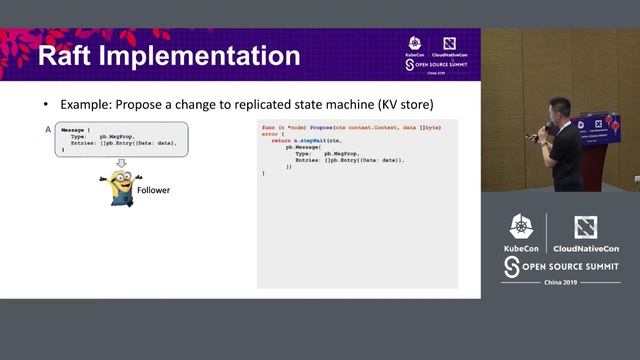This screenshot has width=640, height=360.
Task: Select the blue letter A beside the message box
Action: pyautogui.click(x=47, y=130)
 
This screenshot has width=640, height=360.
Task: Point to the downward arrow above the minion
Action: pyautogui.click(x=122, y=163)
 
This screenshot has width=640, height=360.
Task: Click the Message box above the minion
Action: pyautogui.click(x=121, y=137)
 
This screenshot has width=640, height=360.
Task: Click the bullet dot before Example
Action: pyautogui.click(x=45, y=104)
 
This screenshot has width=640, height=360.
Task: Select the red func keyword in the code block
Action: pyautogui.click(x=268, y=128)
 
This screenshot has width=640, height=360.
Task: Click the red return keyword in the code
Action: pyautogui.click(x=281, y=140)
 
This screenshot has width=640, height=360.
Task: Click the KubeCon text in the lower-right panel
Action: pyautogui.click(x=521, y=247)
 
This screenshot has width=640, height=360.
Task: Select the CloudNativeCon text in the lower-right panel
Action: pyautogui.click(x=585, y=247)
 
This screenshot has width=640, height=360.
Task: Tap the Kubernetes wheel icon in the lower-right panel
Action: pyautogui.click(x=521, y=226)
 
